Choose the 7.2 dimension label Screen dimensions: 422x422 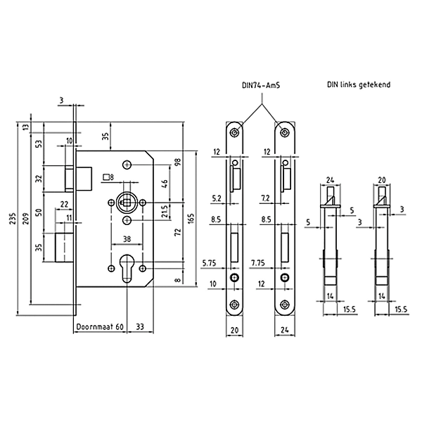(267, 199)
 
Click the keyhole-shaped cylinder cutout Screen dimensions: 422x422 (127, 273)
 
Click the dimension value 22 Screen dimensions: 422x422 (64, 205)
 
